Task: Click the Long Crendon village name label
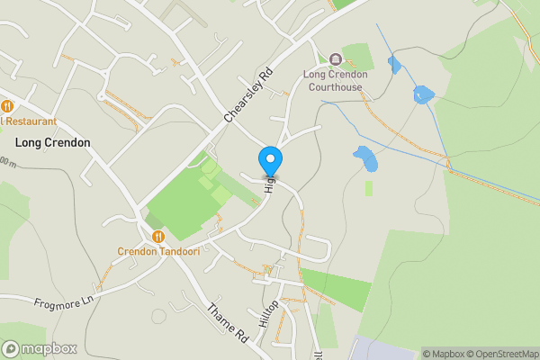[x=52, y=142]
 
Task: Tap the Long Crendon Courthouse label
[x=335, y=80]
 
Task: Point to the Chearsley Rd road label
[x=247, y=96]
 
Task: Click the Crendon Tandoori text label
[x=158, y=251]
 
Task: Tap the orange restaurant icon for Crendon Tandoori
[x=158, y=237]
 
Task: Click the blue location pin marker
[x=270, y=162]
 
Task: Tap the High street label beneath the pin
[x=268, y=184]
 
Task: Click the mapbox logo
[x=39, y=348]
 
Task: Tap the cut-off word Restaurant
[x=30, y=121]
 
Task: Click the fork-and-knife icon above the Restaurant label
[x=6, y=105]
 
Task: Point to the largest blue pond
[x=365, y=157]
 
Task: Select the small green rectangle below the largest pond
[x=369, y=188]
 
